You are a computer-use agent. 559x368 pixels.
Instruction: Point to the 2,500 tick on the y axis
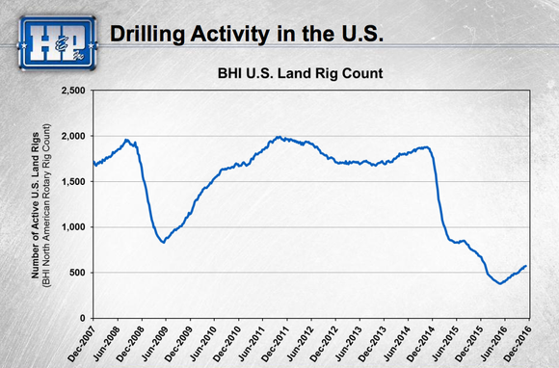[x=73, y=91]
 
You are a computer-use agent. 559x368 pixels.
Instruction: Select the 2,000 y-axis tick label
[x=73, y=136]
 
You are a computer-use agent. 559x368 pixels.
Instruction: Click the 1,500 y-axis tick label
[x=73, y=181]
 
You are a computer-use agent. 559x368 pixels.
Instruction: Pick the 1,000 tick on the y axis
[x=73, y=227]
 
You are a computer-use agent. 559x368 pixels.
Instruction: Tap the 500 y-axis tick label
[x=78, y=273]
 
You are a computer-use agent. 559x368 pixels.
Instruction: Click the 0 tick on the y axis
[x=84, y=318]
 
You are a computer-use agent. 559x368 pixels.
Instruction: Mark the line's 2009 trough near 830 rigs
[x=165, y=242]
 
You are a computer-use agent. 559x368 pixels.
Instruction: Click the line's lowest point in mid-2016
[x=499, y=283]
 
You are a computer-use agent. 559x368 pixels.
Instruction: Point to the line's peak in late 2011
[x=279, y=137]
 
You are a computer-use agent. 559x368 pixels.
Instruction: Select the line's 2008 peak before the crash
[x=128, y=141]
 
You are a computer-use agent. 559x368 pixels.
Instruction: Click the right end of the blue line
[x=526, y=266]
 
